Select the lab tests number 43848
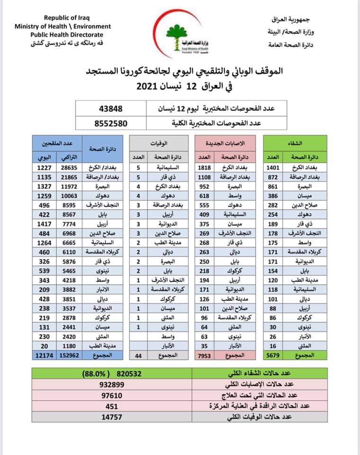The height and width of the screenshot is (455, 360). click(x=110, y=109)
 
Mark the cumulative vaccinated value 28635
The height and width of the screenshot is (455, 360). click(x=70, y=167)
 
